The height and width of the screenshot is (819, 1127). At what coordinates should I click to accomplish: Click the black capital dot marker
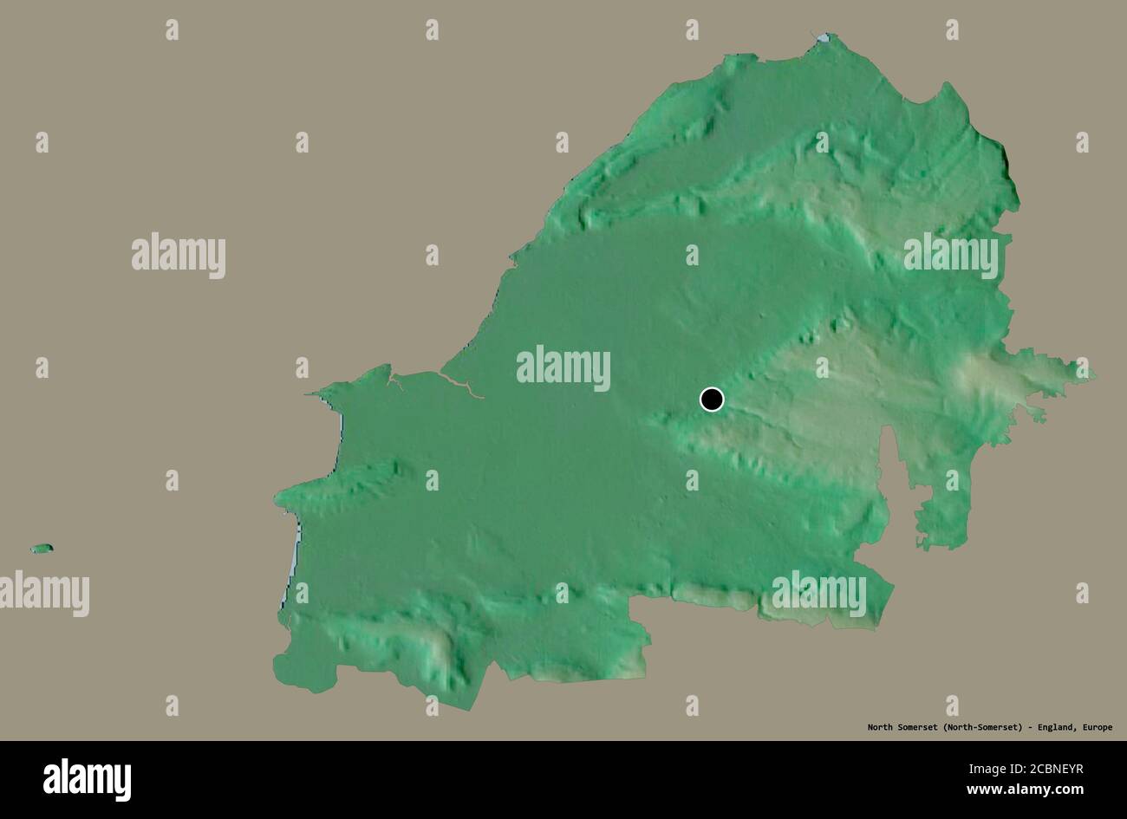711,399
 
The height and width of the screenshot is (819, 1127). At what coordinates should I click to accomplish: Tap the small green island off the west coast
42,549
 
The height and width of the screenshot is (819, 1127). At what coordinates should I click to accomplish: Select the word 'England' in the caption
1054,727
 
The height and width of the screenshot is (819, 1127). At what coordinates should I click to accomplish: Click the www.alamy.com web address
1026,790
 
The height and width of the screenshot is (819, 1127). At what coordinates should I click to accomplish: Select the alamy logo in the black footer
87,779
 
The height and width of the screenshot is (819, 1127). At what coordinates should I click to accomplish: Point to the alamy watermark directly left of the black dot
563,368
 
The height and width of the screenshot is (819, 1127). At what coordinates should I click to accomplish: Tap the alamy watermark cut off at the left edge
43,594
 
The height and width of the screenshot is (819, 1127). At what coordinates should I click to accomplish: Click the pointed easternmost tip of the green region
1091,374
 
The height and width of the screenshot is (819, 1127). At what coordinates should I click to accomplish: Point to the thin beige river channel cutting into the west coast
464,388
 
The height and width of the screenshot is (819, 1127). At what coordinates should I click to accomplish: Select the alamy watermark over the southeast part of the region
819,594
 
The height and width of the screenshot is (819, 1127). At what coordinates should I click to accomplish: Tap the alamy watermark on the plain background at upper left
179,256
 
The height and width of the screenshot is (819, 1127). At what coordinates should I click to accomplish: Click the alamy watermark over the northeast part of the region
950,256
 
